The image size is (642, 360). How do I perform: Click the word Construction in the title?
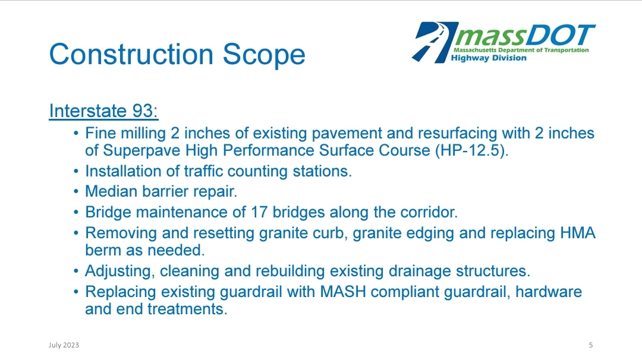[131, 54]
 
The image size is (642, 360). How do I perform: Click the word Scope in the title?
[264, 55]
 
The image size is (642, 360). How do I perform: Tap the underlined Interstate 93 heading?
[103, 111]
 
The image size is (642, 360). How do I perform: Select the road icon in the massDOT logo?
[435, 42]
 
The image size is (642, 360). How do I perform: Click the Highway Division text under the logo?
[489, 58]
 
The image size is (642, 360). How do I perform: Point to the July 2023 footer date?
[64, 345]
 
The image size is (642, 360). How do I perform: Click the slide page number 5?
[591, 345]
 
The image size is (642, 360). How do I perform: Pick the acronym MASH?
[343, 292]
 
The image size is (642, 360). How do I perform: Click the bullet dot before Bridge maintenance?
[75, 212]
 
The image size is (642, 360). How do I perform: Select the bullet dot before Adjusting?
[75, 271]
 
